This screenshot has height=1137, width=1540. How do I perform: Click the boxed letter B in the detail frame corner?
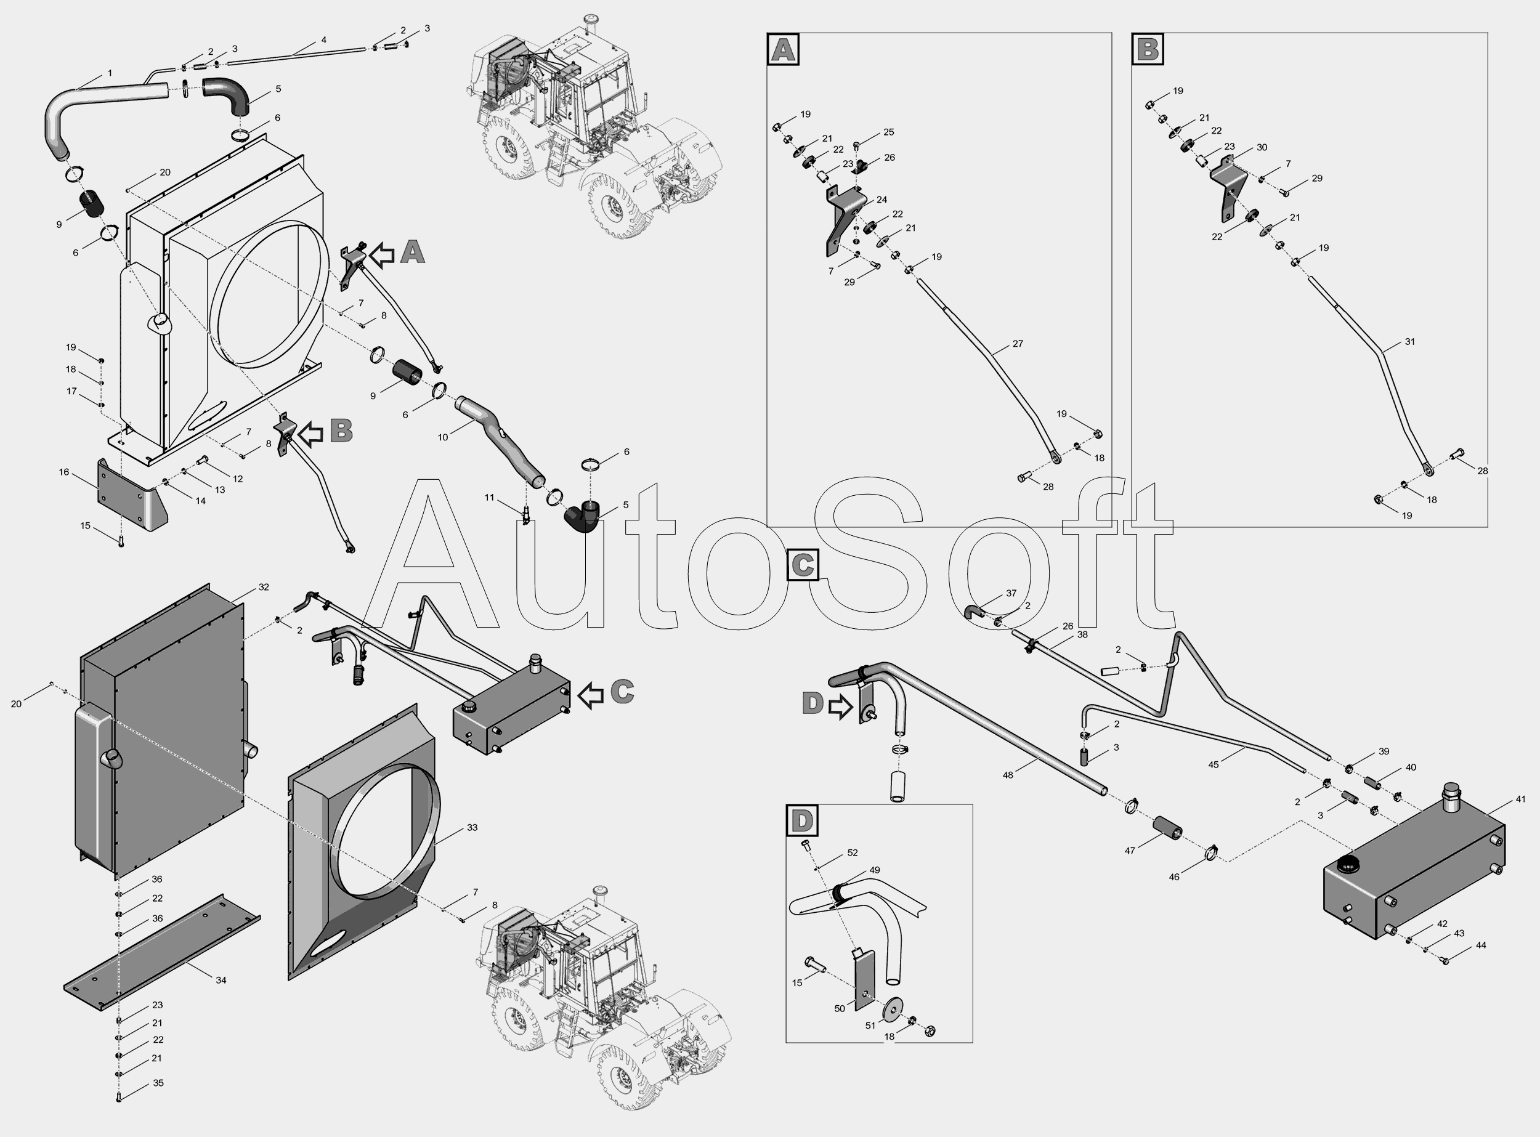1148,49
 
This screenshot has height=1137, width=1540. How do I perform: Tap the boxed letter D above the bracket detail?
802,820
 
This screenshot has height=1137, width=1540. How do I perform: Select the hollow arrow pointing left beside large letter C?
591,695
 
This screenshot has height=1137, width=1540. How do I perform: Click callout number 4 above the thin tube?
323,41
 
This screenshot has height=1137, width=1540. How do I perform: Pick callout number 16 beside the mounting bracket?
64,472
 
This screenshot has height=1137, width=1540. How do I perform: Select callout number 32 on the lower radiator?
264,587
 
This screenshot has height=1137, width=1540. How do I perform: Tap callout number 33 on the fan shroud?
472,827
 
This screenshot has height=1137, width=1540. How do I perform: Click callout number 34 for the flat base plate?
221,980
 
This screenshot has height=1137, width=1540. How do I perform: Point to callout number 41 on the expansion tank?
1521,799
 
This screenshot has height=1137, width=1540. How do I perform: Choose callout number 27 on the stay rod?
1018,344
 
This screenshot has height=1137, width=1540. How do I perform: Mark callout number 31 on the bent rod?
1410,341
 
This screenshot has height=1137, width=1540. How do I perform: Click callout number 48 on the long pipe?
1008,775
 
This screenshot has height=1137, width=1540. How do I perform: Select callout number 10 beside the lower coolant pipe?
443,437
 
